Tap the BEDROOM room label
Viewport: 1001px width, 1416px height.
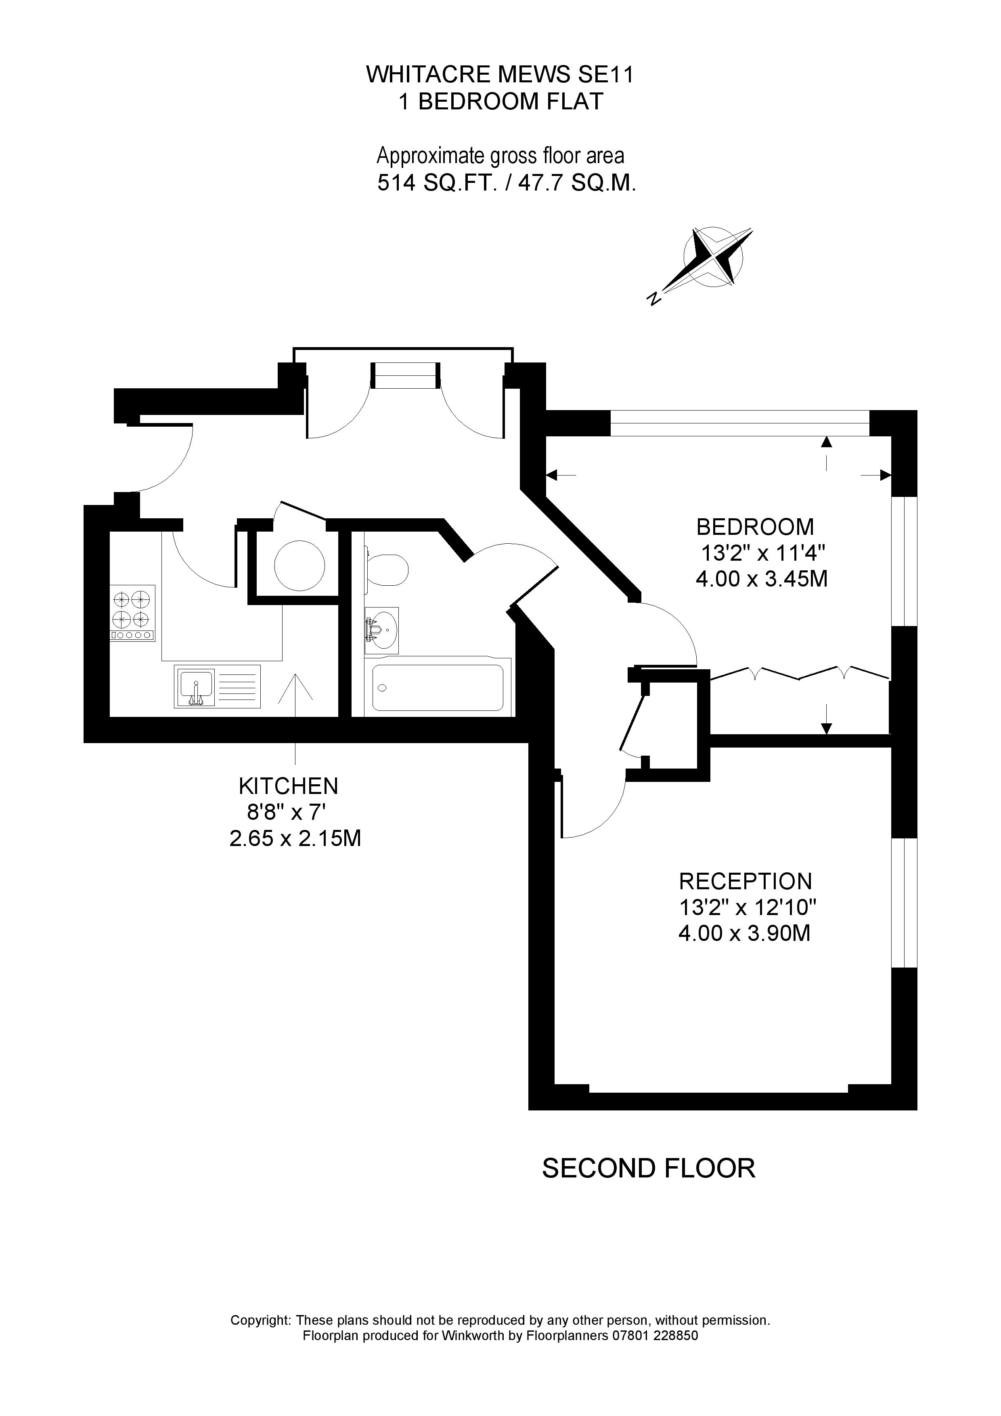(x=755, y=527)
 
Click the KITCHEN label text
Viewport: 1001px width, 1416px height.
(x=288, y=786)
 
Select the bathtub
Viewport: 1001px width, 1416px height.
(x=438, y=687)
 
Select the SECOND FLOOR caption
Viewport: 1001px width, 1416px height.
(x=648, y=1169)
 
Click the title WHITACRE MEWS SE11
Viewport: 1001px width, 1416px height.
(x=500, y=75)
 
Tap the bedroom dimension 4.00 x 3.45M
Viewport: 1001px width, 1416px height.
(x=761, y=579)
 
